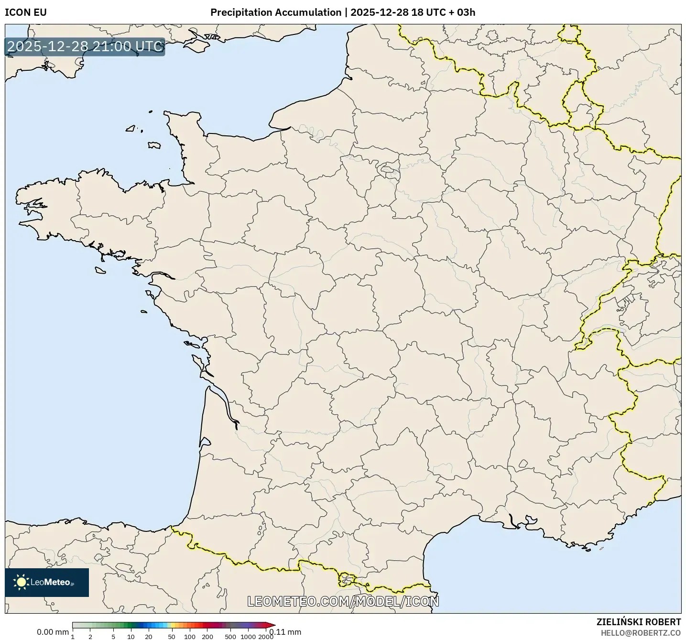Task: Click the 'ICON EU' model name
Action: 26,12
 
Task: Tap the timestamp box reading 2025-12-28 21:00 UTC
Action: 85,46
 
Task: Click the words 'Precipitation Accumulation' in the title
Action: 276,12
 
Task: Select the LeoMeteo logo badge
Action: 47,582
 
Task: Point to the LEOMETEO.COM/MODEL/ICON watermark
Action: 343,601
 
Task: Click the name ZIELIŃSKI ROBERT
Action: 639,622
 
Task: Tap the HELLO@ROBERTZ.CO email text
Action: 641,633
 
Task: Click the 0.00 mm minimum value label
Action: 53,632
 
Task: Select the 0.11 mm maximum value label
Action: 285,632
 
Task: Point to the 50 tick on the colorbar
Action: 172,637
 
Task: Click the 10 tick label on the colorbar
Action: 131,637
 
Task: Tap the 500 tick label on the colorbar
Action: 230,637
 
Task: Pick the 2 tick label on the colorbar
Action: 90,637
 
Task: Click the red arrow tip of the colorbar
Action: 272,625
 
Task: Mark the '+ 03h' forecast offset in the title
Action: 462,12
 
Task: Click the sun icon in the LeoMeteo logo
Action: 21,582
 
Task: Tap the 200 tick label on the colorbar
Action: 207,637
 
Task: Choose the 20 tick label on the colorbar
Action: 149,637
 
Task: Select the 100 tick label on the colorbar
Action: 190,637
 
